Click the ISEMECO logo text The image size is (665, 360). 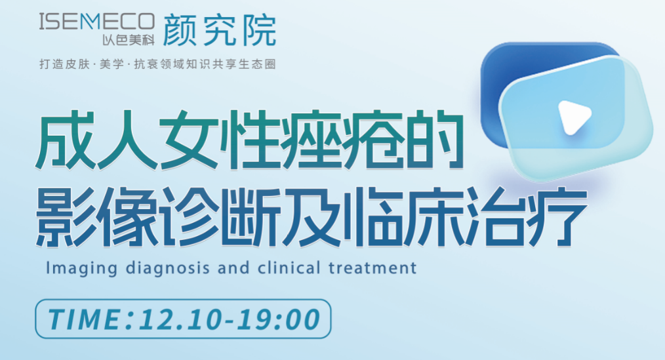[x=96, y=22]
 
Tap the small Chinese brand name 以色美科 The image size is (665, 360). [x=129, y=40]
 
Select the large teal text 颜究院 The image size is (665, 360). [x=220, y=30]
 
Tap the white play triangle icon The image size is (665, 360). [x=574, y=117]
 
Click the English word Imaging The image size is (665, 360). [x=81, y=269]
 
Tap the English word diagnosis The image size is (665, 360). [x=168, y=269]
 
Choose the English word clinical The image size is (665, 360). [x=289, y=268]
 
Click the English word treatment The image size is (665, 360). [x=373, y=268]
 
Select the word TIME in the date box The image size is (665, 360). [x=85, y=319]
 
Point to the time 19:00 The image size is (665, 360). [x=278, y=319]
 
